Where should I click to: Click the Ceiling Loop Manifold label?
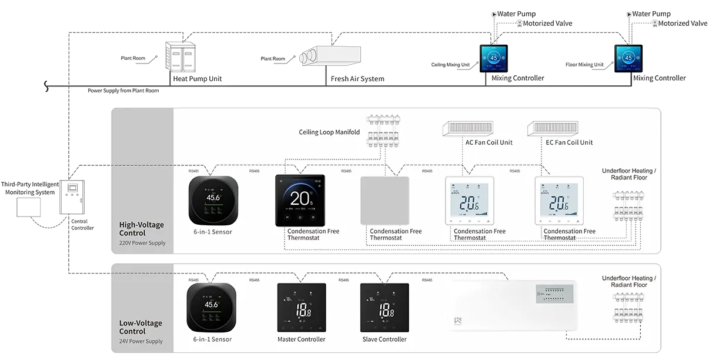[x=329, y=132]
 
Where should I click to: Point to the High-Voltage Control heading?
[x=142, y=229]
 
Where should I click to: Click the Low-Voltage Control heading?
[x=141, y=327]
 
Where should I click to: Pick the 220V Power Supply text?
[x=142, y=243]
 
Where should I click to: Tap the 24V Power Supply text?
[x=141, y=341]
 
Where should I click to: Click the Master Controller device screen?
[x=301, y=308]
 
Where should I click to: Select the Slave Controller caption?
[x=384, y=339]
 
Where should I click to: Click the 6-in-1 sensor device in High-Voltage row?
[x=213, y=200]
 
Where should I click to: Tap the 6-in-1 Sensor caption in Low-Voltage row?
[x=212, y=339]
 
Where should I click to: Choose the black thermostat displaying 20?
[x=300, y=201]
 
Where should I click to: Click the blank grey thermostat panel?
[x=384, y=201]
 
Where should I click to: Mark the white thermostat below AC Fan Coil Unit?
[x=469, y=201]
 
